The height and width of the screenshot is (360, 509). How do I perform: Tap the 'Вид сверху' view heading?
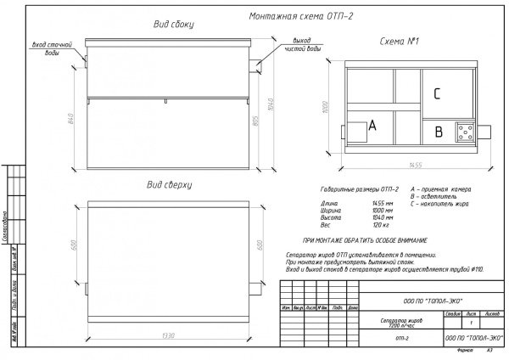(170, 184)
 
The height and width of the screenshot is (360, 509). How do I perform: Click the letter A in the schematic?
(371, 126)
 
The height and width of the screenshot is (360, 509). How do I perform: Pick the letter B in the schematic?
(438, 132)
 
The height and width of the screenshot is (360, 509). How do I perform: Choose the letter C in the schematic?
(435, 93)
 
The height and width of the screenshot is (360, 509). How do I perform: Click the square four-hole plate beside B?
(466, 131)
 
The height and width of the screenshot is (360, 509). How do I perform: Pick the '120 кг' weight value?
(379, 225)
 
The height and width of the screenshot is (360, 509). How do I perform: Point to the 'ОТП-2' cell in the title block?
(378, 339)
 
